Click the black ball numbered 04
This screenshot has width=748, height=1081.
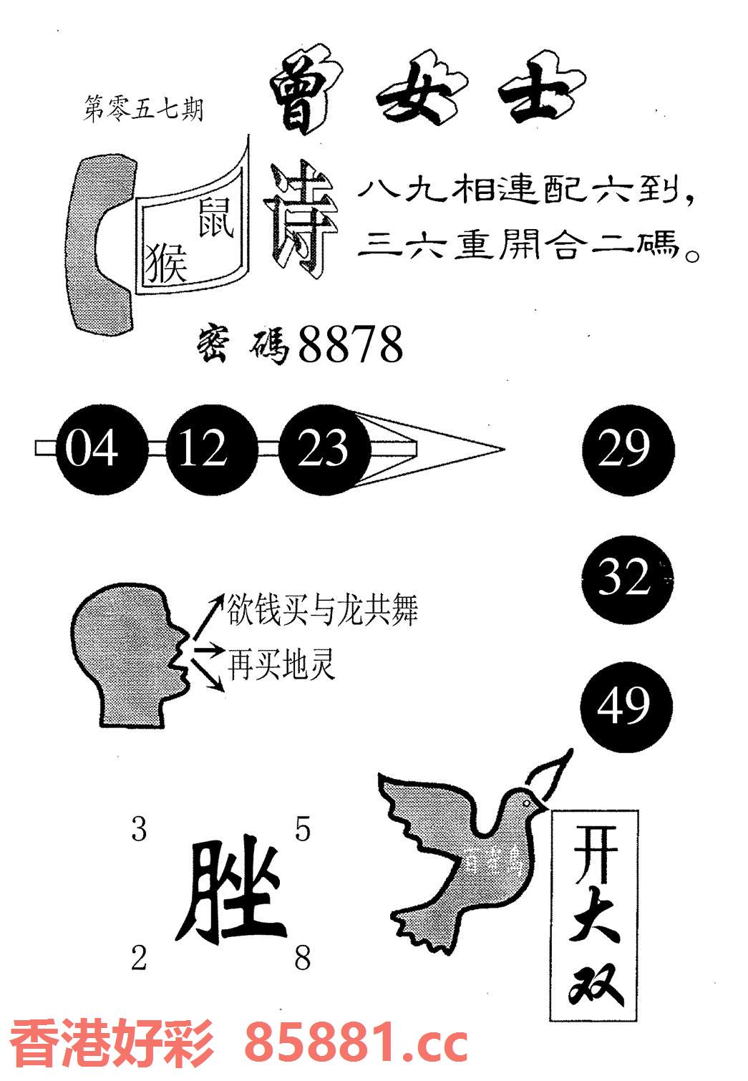92,450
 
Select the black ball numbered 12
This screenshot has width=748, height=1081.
203,450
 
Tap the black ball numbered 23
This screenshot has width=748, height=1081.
322,450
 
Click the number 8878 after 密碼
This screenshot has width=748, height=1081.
350,344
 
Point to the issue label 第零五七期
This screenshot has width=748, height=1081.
143,110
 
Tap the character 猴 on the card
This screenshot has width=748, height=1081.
166,263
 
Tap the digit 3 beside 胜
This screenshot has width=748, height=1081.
139,830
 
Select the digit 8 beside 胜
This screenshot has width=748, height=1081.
302,957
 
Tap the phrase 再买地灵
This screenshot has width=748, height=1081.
281,664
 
